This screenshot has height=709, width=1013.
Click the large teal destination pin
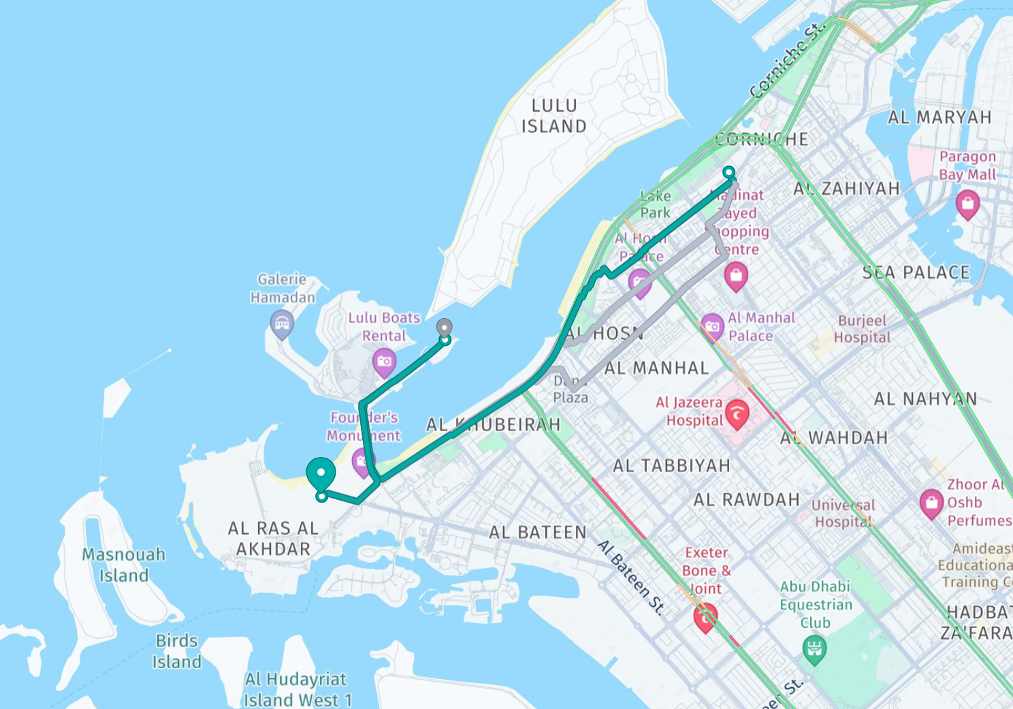click(x=321, y=473)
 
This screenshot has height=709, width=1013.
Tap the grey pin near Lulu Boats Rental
click(x=444, y=328)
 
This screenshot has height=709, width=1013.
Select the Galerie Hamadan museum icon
click(x=282, y=323)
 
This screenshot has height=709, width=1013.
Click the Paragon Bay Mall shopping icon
click(x=967, y=203)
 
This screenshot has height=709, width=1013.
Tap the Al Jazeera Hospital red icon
click(x=737, y=413)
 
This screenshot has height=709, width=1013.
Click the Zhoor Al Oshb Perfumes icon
click(x=931, y=503)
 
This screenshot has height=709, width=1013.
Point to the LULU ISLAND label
click(x=553, y=116)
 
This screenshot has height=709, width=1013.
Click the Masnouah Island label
click(x=123, y=565)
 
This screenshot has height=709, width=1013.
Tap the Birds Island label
click(x=176, y=651)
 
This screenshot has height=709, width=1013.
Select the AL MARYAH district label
click(x=939, y=117)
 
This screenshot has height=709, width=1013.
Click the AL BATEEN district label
click(x=537, y=532)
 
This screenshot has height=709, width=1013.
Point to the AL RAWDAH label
click(x=746, y=500)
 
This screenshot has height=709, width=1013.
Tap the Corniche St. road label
click(x=786, y=60)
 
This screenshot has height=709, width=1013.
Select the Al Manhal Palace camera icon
click(x=712, y=326)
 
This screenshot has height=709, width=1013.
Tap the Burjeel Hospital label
click(x=862, y=329)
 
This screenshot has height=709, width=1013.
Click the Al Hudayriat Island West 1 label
click(x=298, y=689)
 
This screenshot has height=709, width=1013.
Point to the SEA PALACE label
click(x=916, y=272)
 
